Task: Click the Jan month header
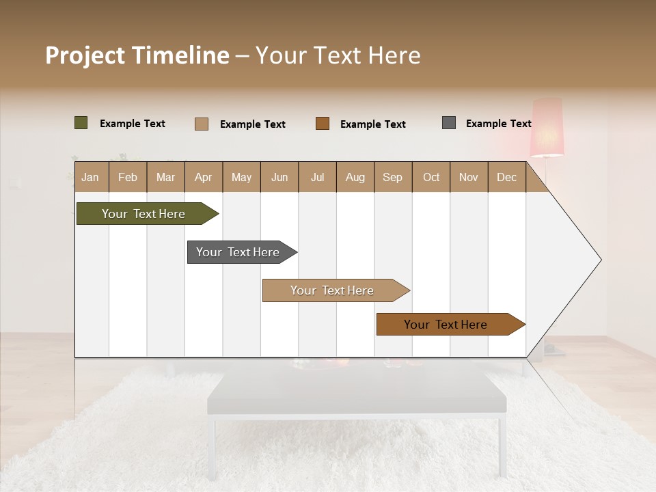coord(91,177)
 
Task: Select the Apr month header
coord(204,177)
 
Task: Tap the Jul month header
coord(317,177)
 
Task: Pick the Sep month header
coord(392,177)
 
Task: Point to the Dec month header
coord(506,177)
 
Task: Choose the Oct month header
coord(431,177)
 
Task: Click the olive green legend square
coord(81,123)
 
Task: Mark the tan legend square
coord(202,124)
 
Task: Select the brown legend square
coord(323,123)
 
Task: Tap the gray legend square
coord(449,123)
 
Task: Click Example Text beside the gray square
coord(498,124)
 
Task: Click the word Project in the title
coord(85,55)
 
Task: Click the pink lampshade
coord(547,127)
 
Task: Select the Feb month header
coord(128,177)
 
